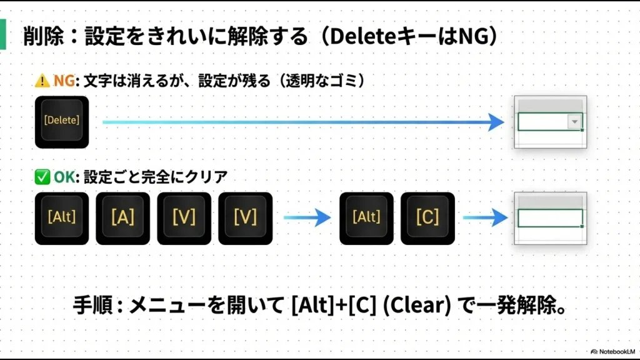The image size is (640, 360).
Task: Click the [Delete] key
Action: click(x=62, y=121)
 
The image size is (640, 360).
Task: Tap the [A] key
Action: click(x=122, y=217)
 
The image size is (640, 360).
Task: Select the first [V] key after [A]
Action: click(x=184, y=217)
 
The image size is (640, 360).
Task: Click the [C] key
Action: click(x=427, y=217)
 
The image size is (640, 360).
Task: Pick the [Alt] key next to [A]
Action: click(x=62, y=217)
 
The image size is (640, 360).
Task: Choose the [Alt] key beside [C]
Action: click(x=366, y=217)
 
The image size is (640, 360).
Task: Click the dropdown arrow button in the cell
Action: click(x=574, y=122)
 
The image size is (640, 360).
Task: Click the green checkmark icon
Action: click(x=42, y=177)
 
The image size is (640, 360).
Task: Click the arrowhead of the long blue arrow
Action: click(x=497, y=122)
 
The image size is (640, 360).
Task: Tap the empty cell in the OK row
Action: click(x=550, y=218)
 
